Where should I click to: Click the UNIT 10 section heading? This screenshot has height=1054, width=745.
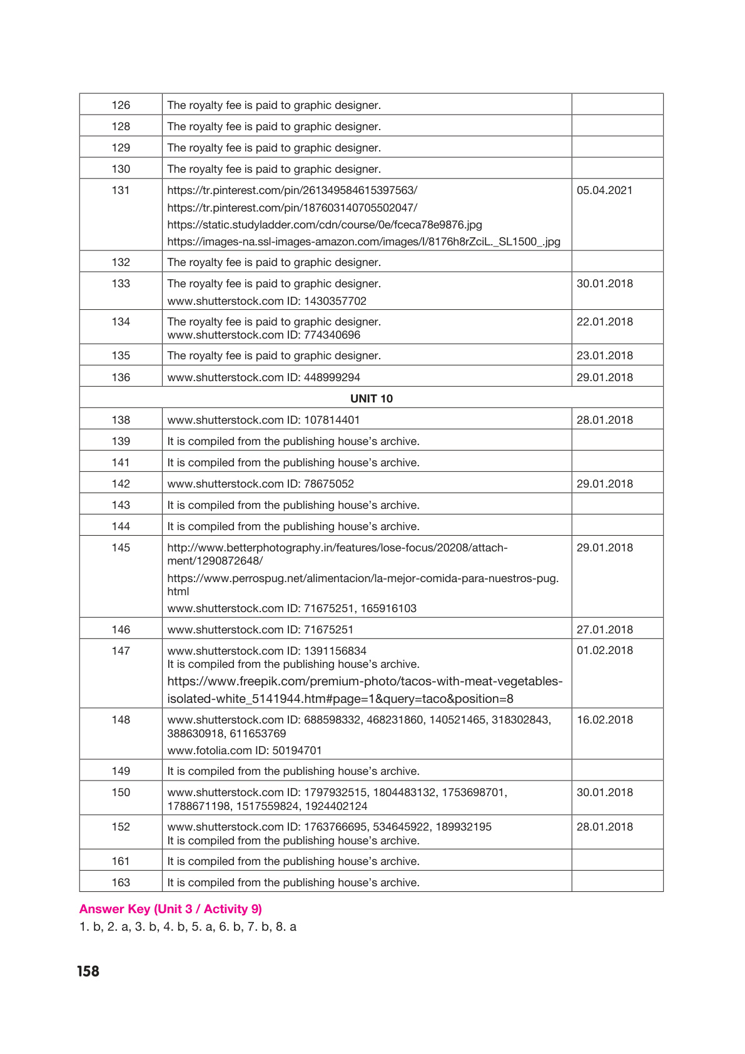(x=372, y=399)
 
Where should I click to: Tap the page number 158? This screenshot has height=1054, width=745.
(x=88, y=971)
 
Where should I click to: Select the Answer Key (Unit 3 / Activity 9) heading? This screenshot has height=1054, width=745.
(x=170, y=909)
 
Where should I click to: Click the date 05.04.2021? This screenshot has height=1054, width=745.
(x=604, y=190)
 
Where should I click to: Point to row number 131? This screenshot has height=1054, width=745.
(x=121, y=190)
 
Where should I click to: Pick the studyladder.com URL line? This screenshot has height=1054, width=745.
(x=324, y=225)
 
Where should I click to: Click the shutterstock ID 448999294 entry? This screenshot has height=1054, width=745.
(x=263, y=377)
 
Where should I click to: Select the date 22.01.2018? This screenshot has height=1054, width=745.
(x=604, y=322)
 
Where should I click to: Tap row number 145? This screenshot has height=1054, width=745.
(x=121, y=548)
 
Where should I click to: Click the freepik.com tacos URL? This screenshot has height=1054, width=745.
(x=365, y=690)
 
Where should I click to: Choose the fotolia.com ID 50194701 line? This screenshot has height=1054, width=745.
(x=244, y=750)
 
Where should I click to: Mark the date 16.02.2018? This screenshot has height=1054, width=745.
(x=604, y=720)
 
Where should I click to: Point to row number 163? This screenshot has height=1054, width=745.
(x=121, y=883)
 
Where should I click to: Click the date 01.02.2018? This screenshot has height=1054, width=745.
(x=604, y=650)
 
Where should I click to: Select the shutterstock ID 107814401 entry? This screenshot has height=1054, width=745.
(x=263, y=420)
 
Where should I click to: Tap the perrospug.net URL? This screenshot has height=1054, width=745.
(x=363, y=584)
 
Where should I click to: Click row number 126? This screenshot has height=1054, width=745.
(x=121, y=105)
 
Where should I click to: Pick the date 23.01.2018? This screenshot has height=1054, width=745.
(x=604, y=356)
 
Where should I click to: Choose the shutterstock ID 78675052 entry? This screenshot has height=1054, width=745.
(x=260, y=484)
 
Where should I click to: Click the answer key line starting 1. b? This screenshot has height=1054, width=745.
(x=188, y=926)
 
